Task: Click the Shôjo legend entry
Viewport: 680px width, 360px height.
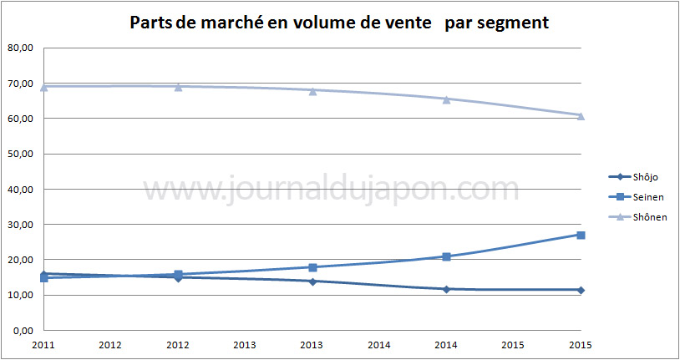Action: point(641,175)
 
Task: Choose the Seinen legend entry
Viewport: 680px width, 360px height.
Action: point(641,196)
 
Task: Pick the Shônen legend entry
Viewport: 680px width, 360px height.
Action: point(641,217)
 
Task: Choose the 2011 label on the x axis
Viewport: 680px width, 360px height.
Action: point(44,344)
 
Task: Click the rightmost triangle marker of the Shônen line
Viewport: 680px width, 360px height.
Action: point(581,115)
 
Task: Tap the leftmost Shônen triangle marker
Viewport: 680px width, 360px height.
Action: point(44,86)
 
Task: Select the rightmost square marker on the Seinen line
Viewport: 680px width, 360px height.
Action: point(581,235)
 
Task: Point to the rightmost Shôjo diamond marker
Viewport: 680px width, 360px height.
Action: point(581,290)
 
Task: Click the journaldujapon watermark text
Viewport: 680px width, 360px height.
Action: point(330,190)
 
